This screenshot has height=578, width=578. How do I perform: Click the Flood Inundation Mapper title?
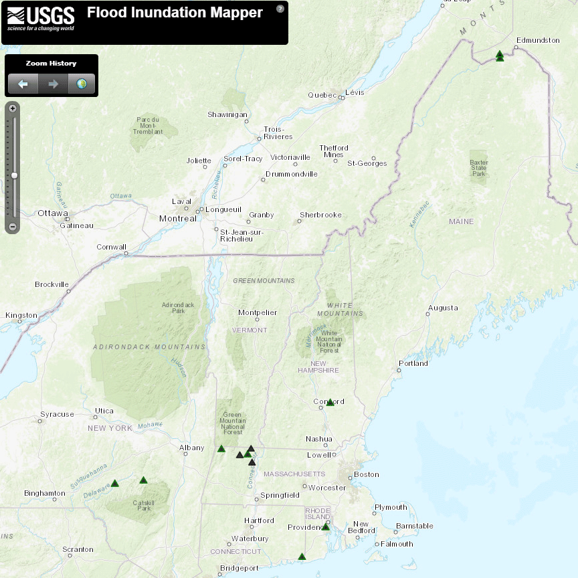[175, 13]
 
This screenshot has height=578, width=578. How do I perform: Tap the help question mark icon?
[280, 9]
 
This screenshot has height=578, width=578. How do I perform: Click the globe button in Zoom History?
[82, 84]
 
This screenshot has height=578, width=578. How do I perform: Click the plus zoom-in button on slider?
[12, 108]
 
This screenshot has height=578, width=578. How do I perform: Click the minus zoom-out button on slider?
[12, 227]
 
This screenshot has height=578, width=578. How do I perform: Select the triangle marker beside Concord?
[330, 402]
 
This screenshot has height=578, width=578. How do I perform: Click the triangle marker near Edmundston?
[500, 56]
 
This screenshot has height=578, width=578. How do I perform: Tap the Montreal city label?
[178, 219]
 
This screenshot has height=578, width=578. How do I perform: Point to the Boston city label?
[367, 474]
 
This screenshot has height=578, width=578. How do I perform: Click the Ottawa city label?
[53, 213]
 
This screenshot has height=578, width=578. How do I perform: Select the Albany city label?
[191, 448]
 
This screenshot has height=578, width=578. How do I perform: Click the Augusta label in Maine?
[443, 308]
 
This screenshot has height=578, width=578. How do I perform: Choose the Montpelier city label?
[258, 312]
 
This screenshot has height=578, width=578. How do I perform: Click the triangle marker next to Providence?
[326, 526]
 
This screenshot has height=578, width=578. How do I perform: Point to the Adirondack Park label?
[178, 308]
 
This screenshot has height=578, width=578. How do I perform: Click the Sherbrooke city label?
[320, 215]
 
